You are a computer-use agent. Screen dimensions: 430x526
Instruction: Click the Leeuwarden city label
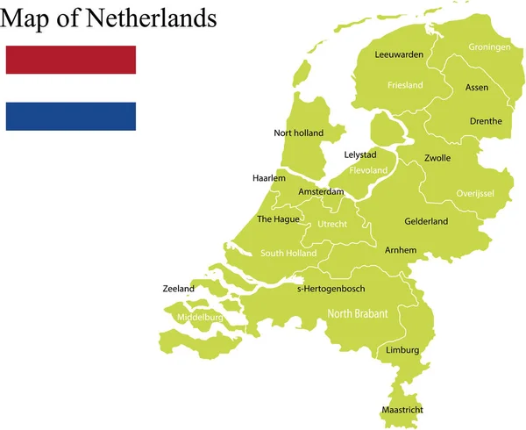(x=399, y=54)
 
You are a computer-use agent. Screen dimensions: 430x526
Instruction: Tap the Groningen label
(x=489, y=47)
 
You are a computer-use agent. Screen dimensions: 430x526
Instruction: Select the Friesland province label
(x=405, y=85)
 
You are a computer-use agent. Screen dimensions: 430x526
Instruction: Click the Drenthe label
(x=486, y=121)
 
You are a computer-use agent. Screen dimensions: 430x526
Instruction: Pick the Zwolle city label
(x=437, y=159)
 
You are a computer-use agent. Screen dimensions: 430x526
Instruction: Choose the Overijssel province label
(x=475, y=193)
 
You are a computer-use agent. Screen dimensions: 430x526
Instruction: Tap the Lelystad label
(x=360, y=155)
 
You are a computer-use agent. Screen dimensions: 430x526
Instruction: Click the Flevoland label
(x=368, y=170)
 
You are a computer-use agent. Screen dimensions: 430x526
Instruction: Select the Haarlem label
(x=269, y=177)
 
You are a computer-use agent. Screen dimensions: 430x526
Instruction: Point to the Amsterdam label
(x=320, y=191)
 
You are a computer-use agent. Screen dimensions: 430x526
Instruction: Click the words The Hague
(x=278, y=219)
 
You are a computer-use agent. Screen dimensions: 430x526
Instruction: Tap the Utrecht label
(x=332, y=225)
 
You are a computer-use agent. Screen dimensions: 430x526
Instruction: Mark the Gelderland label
(x=426, y=221)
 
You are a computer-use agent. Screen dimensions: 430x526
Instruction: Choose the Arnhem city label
(x=401, y=250)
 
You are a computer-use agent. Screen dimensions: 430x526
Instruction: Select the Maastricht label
(x=403, y=410)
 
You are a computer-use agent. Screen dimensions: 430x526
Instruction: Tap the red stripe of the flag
(x=70, y=60)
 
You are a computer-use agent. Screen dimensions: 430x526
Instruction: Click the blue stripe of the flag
(x=70, y=116)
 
